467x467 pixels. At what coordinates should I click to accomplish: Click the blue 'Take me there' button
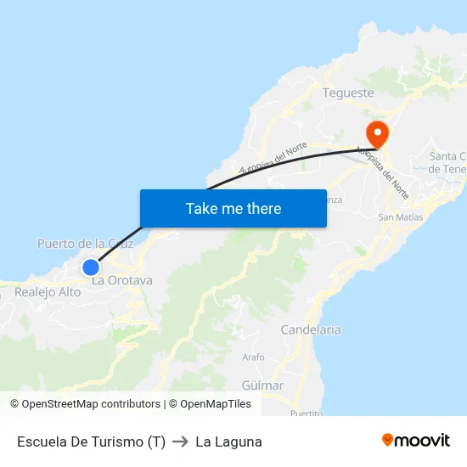pos(233,208)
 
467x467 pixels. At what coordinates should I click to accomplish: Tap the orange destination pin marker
pos(376,133)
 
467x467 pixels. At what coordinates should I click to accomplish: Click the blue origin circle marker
pos(91,267)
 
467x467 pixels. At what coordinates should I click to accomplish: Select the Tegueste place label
pos(348,93)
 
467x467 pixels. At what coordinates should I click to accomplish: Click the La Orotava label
pos(122,280)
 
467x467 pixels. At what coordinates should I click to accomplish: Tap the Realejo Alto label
pos(48,292)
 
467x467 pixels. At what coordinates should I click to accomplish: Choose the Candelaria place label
pos(311,329)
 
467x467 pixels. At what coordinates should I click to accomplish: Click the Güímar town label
pos(263,385)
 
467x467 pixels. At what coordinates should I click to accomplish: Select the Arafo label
pos(254,357)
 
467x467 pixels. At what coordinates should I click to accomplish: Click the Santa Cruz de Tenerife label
pos(447,162)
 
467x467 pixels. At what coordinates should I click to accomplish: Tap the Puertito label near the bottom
pos(306,413)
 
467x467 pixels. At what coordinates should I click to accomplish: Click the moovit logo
pos(415,440)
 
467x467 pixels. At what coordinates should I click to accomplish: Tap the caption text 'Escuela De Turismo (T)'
pos(91,442)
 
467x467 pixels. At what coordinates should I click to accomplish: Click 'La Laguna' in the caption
pos(228,442)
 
